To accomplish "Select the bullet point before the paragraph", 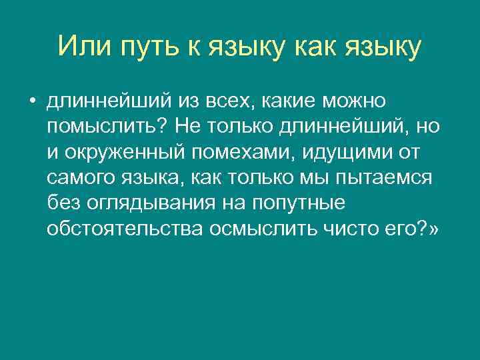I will (32, 101).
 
